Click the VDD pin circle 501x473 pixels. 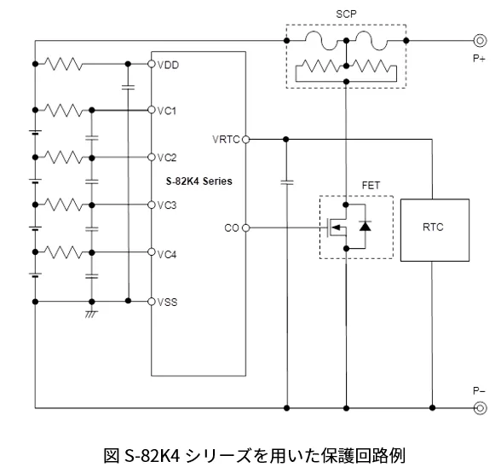[152, 64]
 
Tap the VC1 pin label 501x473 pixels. [167, 111]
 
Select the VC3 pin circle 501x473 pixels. [152, 205]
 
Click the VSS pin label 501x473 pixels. [167, 302]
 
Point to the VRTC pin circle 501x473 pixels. [245, 140]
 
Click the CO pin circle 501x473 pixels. [245, 228]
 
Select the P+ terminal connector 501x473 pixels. [480, 41]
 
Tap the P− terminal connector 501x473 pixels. [480, 408]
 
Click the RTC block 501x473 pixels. [435, 230]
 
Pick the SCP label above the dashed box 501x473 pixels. [346, 14]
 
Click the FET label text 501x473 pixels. [371, 186]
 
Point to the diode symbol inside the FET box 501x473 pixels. [365, 226]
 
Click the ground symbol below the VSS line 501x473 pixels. [91, 314]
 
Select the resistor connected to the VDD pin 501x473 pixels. [63, 64]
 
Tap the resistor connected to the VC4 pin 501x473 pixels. [63, 252]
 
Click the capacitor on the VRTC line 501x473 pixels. [286, 182]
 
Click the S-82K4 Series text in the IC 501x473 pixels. [199, 182]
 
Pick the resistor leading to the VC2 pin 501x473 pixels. [63, 157]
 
